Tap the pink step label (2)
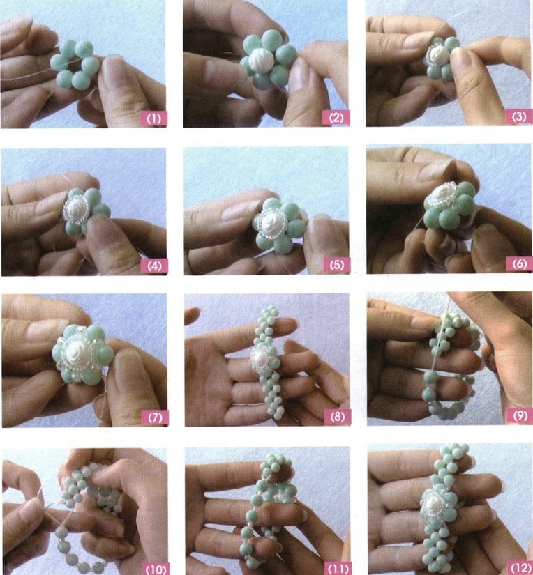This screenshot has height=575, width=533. coord(337,118)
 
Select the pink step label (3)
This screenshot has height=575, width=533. coord(518,116)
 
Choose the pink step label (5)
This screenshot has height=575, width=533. coord(337,265)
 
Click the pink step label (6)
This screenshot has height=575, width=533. coord(518,264)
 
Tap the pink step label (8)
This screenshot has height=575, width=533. coord(337,417)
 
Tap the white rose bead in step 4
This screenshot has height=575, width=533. coord(77,207)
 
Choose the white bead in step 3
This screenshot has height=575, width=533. coord(440,52)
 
